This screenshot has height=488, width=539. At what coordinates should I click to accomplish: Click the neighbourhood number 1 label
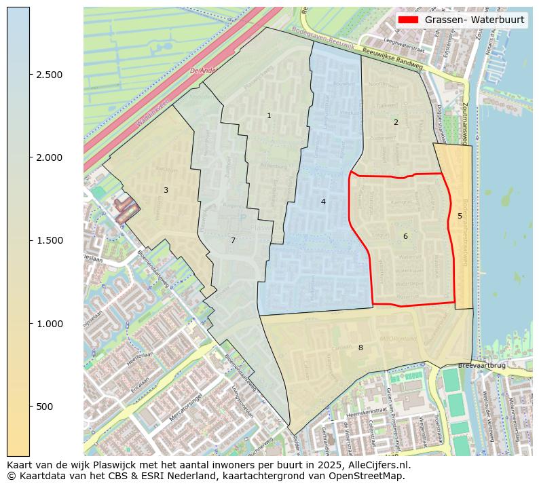tap(269, 116)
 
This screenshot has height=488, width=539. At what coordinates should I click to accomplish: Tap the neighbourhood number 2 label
tap(396, 123)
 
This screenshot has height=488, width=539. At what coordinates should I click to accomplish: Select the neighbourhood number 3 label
tap(166, 191)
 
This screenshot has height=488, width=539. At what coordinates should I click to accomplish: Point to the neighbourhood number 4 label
tap(323, 202)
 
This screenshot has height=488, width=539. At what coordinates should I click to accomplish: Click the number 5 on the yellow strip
tap(460, 217)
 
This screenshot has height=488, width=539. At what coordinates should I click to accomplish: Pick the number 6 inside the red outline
tap(405, 236)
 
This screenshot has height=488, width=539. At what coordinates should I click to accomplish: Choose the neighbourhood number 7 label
tap(233, 241)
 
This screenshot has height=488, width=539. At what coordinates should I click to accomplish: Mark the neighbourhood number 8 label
tap(360, 348)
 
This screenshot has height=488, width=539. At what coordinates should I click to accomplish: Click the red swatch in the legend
tap(409, 20)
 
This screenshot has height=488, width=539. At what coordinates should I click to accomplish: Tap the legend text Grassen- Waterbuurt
tap(475, 20)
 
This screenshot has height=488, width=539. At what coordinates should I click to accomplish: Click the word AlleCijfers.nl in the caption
tap(377, 465)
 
